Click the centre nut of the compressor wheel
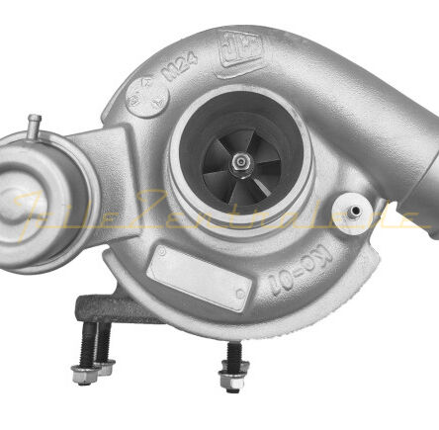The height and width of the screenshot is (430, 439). coord(240,165)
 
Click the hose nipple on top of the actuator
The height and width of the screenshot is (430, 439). coord(33,128)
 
